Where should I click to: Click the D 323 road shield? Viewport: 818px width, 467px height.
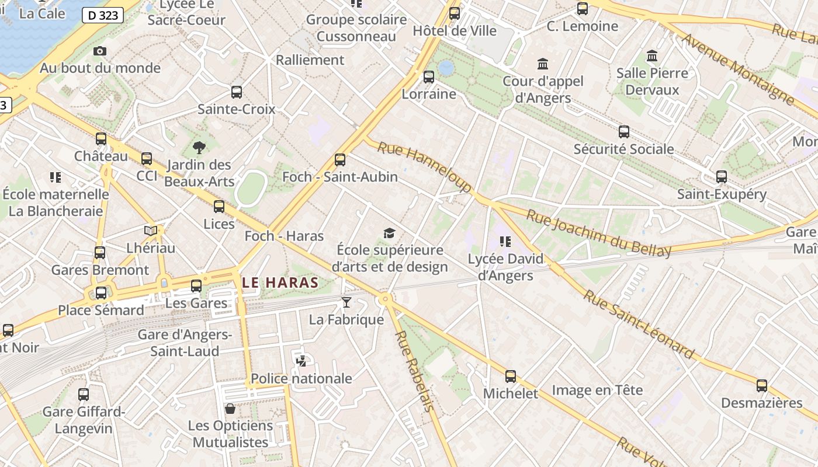click(103, 15)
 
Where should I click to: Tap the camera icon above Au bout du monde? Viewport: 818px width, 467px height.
click(100, 51)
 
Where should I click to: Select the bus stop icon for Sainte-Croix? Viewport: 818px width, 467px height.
click(237, 92)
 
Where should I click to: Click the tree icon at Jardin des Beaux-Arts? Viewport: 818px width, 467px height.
click(199, 148)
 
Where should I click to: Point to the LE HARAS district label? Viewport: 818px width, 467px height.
click(280, 283)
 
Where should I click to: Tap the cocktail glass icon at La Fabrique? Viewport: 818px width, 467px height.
click(346, 302)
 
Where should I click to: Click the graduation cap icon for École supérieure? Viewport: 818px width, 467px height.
click(389, 233)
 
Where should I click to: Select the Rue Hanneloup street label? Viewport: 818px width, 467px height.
click(424, 167)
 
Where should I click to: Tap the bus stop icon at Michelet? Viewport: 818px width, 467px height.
click(511, 377)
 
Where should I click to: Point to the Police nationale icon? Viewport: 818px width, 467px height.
click(301, 361)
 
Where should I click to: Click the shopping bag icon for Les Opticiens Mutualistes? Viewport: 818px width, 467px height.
click(230, 408)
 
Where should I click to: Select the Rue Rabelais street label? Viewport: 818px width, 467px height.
click(415, 371)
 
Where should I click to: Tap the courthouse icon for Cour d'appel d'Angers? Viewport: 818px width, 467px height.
click(543, 64)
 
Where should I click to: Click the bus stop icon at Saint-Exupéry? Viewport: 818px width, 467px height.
click(722, 177)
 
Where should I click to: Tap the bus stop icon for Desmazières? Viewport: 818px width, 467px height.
click(761, 386)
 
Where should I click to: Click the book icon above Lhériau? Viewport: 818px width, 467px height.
click(151, 231)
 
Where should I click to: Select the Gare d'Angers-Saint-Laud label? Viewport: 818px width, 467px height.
click(185, 343)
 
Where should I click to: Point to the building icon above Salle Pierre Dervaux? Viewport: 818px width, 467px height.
click(652, 56)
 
